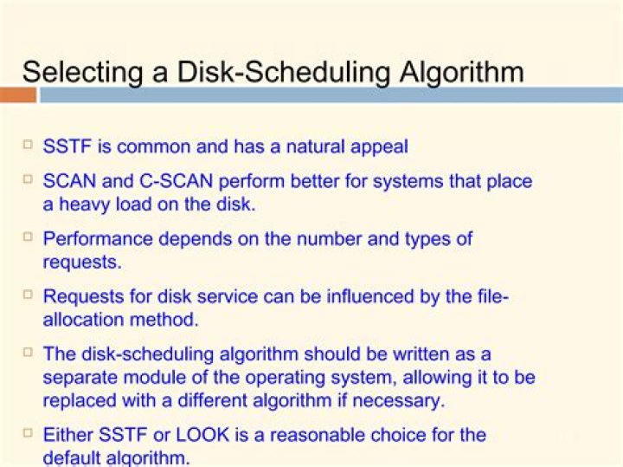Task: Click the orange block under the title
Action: (17, 94)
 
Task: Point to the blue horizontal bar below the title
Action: (329, 94)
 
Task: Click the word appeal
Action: (378, 146)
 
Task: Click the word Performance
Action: (99, 238)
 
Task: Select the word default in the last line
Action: (73, 457)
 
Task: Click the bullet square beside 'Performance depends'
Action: (28, 236)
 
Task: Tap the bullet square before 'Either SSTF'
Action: (28, 431)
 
